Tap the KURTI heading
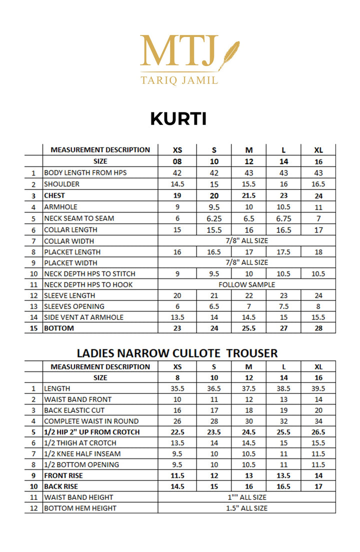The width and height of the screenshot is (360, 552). tap(178, 119)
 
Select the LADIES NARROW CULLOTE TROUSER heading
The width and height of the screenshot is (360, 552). tap(177, 353)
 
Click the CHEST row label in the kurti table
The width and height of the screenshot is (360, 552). tap(54, 195)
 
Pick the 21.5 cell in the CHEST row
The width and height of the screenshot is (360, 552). tap(249, 196)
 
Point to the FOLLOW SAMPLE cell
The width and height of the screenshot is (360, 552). tap(246, 284)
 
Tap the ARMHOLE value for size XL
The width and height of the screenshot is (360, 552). tap(318, 207)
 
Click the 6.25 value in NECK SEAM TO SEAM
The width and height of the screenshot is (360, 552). tap(213, 218)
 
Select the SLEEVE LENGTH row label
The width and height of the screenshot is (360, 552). tap(69, 295)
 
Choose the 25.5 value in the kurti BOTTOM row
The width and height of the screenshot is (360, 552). tap(249, 328)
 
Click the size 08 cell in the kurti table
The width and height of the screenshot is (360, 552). tap(177, 161)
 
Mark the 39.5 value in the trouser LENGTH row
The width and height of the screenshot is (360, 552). tap(318, 388)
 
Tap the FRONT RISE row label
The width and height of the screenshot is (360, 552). tap(64, 475)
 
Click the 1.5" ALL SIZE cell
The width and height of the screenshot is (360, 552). tap(246, 508)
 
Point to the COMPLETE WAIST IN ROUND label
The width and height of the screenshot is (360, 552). tap(91, 421)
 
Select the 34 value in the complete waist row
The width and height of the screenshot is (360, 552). tap(318, 421)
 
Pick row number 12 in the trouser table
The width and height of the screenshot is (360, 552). tap(33, 508)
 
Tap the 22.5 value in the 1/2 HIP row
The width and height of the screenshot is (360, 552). tap(177, 432)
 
